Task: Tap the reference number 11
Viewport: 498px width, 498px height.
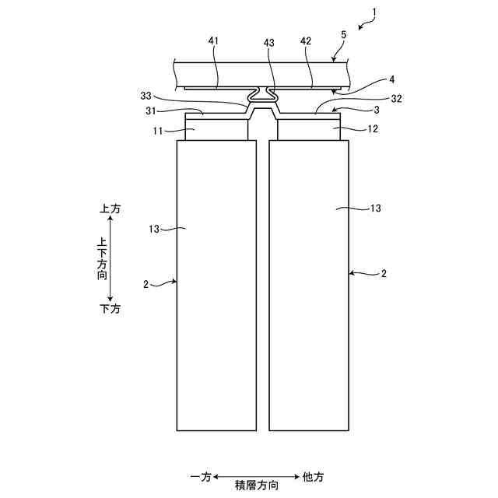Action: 157,130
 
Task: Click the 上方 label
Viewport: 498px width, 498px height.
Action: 110,209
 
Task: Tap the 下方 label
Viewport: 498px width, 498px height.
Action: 110,309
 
